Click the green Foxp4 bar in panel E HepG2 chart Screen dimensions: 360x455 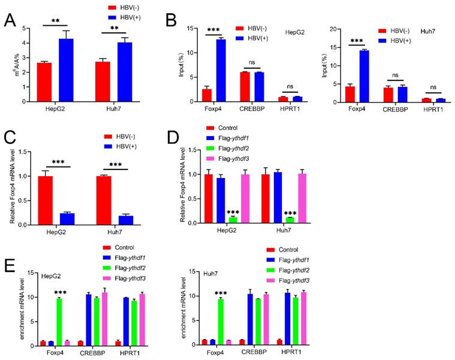59,321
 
